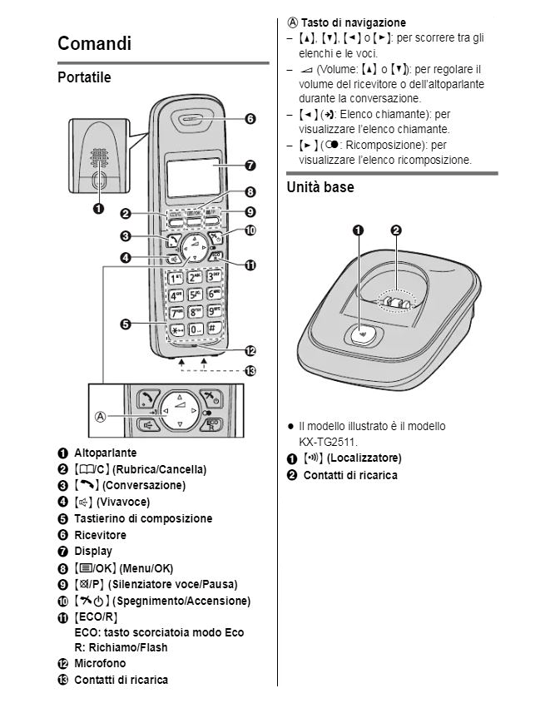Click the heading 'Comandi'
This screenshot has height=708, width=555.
coord(94,43)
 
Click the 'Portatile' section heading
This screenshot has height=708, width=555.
coord(84,78)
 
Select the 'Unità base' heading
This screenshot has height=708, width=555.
coord(320,187)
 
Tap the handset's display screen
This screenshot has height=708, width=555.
coord(193,175)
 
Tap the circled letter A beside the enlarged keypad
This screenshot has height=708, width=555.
coord(100,416)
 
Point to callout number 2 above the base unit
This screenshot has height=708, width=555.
coord(396,230)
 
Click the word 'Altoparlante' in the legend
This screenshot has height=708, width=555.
coord(105,453)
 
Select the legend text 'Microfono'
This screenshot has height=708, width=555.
coord(100,663)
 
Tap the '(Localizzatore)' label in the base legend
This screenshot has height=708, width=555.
coord(364,458)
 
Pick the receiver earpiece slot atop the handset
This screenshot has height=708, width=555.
coord(196,119)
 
